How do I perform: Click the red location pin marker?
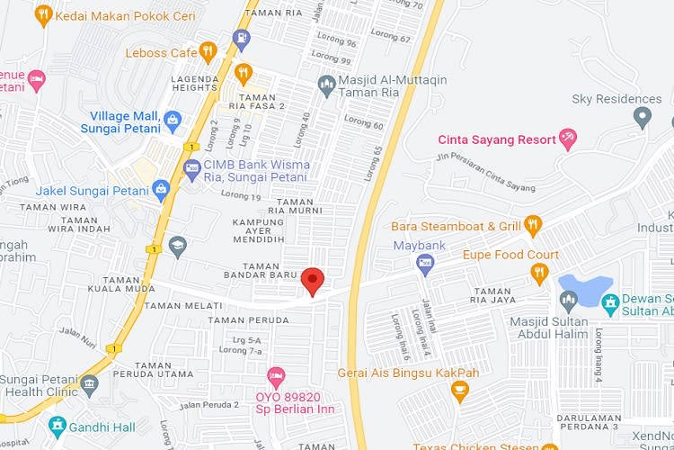tap(312, 280)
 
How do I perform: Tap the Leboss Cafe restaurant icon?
tap(208, 51)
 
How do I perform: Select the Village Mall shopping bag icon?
tap(173, 120)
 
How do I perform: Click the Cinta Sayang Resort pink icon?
tap(567, 139)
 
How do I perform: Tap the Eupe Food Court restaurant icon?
tap(539, 274)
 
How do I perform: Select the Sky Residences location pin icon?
tap(642, 116)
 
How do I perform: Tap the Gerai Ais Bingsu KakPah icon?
tap(460, 391)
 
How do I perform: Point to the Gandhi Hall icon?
tap(58, 424)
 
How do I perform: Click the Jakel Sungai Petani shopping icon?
tap(161, 190)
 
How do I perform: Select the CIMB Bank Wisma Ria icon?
tap(191, 168)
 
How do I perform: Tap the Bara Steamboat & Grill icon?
tap(533, 225)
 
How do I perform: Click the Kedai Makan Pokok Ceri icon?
tap(43, 15)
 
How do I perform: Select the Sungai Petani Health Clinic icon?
tap(89, 384)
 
